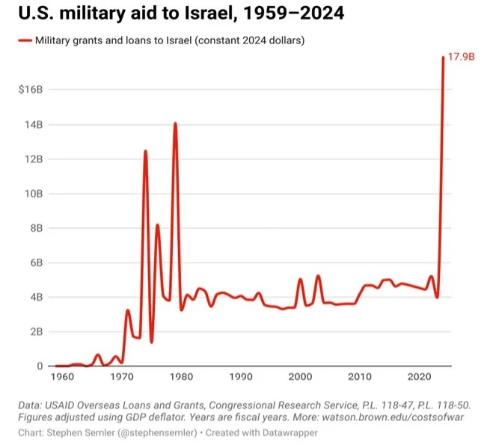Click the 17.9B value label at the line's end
point(461,57)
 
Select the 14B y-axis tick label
point(34,124)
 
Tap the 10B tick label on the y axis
point(34,194)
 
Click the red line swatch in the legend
point(24,40)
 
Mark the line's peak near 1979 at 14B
point(175,123)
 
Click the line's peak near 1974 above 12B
point(145,152)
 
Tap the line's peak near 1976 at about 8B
point(157,225)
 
